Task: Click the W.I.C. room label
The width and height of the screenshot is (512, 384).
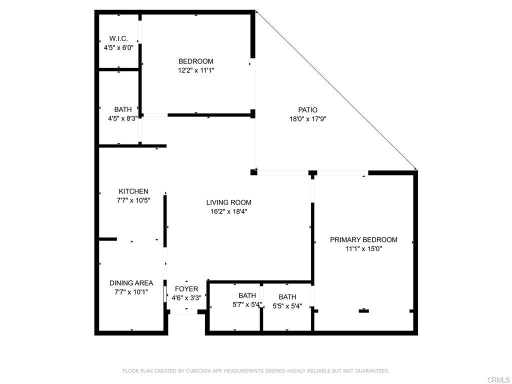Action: pyautogui.click(x=118, y=38)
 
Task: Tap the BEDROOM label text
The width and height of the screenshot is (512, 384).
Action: pyautogui.click(x=196, y=61)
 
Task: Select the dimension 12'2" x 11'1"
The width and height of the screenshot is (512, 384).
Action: pyautogui.click(x=196, y=70)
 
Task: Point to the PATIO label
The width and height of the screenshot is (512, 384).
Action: pyautogui.click(x=307, y=110)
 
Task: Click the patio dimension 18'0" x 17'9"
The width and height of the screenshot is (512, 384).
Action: pyautogui.click(x=308, y=119)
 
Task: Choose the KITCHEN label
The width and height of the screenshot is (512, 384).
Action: pyautogui.click(x=133, y=191)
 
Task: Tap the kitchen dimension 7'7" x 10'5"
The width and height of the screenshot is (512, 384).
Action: pyautogui.click(x=133, y=200)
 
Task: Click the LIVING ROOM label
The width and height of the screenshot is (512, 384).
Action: pyautogui.click(x=229, y=202)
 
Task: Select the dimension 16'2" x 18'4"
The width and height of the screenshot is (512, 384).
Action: pyautogui.click(x=229, y=211)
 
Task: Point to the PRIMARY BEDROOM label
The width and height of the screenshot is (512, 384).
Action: pyautogui.click(x=363, y=239)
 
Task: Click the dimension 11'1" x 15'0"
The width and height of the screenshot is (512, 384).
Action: pyautogui.click(x=364, y=248)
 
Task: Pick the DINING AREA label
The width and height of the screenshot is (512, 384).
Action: pyautogui.click(x=131, y=283)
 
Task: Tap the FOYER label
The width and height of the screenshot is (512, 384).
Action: pyautogui.click(x=186, y=289)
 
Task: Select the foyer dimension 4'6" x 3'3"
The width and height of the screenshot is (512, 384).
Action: pyautogui.click(x=186, y=298)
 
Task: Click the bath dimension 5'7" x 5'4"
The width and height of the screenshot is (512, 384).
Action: pyautogui.click(x=247, y=304)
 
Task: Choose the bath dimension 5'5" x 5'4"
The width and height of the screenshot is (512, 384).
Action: pyautogui.click(x=287, y=306)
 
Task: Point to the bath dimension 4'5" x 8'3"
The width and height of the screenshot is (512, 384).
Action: pyautogui.click(x=123, y=118)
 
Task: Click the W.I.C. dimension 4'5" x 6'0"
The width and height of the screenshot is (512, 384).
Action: pyautogui.click(x=118, y=48)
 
